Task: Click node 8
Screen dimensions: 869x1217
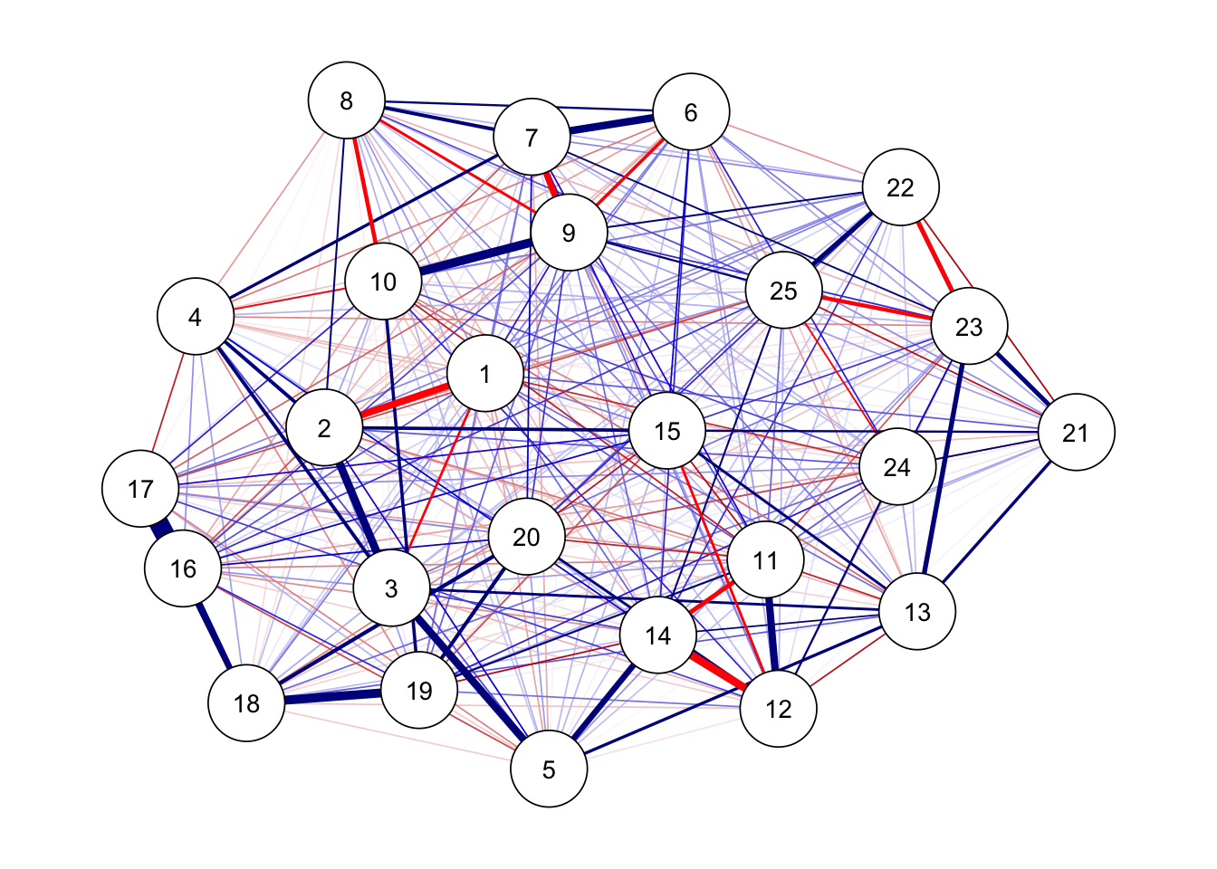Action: point(347,100)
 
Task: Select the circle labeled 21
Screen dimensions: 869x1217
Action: point(1076,433)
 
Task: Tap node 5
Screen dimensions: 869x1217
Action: point(549,769)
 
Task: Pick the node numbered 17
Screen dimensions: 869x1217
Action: point(140,489)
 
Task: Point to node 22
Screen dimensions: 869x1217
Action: point(901,187)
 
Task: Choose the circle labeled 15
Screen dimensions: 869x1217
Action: point(667,431)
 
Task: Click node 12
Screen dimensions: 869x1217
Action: point(779,709)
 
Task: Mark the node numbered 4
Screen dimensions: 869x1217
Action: point(196,317)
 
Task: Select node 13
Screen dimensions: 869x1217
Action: point(917,612)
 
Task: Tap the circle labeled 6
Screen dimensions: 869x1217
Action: point(691,112)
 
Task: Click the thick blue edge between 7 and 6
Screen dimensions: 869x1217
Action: point(611,125)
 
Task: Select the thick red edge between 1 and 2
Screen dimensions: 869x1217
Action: point(405,402)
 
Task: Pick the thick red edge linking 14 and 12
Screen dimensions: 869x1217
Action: point(718,673)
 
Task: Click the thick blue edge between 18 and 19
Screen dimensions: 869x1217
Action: point(332,697)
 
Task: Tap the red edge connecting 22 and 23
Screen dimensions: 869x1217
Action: point(934,256)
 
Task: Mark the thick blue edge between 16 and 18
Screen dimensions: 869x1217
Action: point(215,635)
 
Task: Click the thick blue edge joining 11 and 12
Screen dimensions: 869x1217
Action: point(771,635)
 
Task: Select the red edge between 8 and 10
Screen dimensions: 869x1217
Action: point(364,190)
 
